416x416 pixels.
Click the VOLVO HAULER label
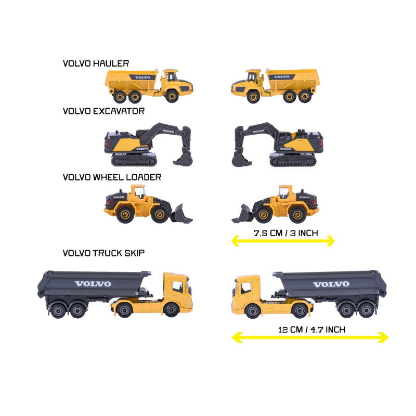96,63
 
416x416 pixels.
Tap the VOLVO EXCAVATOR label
103,111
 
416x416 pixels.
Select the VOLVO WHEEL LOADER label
112,177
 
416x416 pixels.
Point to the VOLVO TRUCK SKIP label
103,253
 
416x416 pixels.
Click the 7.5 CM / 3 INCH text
286,233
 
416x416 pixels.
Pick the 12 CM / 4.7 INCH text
311,330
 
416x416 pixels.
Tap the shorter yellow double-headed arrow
283,241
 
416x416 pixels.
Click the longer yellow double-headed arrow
310,337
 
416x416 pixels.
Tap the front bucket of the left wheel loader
181,214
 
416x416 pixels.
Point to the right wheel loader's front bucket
243,214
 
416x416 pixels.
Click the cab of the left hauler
171,75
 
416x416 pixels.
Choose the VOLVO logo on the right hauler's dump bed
281,77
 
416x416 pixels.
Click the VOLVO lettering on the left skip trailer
93,284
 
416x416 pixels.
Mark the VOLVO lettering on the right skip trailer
331,284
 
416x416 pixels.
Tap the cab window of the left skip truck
177,287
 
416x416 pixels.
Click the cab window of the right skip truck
246,288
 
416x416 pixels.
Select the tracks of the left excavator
134,160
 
